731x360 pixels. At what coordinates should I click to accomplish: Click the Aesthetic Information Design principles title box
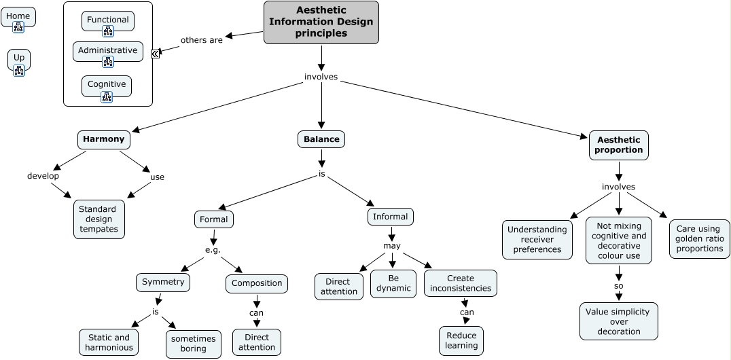coord(321,22)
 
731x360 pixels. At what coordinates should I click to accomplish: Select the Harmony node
coord(103,139)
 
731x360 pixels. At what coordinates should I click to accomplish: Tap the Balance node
coord(321,139)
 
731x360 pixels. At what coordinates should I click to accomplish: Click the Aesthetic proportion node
coord(618,145)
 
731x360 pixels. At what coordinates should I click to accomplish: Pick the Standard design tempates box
coord(99,219)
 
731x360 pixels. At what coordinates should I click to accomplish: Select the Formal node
coord(214,219)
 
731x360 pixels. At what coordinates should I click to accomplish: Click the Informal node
coord(391,217)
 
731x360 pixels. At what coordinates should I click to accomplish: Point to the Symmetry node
coord(163,282)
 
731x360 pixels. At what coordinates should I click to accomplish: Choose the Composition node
coord(257,283)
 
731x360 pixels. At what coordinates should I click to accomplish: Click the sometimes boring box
coord(194,344)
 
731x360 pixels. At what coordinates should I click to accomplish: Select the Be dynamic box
coord(394,283)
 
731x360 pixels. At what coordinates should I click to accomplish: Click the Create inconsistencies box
coord(461,283)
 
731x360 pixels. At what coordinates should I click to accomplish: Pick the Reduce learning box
coord(461,340)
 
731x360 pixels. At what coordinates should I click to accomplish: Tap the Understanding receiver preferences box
coord(537,239)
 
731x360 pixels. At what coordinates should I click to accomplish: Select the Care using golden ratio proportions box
coord(699,239)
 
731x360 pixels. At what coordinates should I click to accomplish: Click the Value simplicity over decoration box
coord(618,321)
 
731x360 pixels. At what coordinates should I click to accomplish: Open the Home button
coord(18,16)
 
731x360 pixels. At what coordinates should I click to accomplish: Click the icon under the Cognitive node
coord(107,97)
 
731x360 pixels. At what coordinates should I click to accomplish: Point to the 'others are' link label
coord(201,40)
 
